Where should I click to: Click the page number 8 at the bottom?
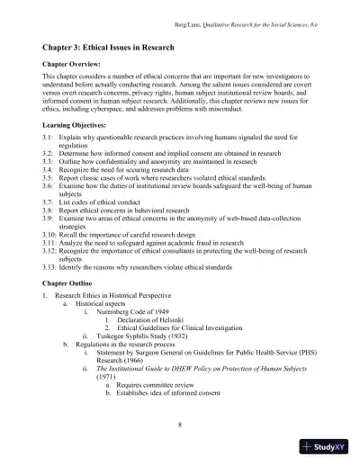click(180, 423)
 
